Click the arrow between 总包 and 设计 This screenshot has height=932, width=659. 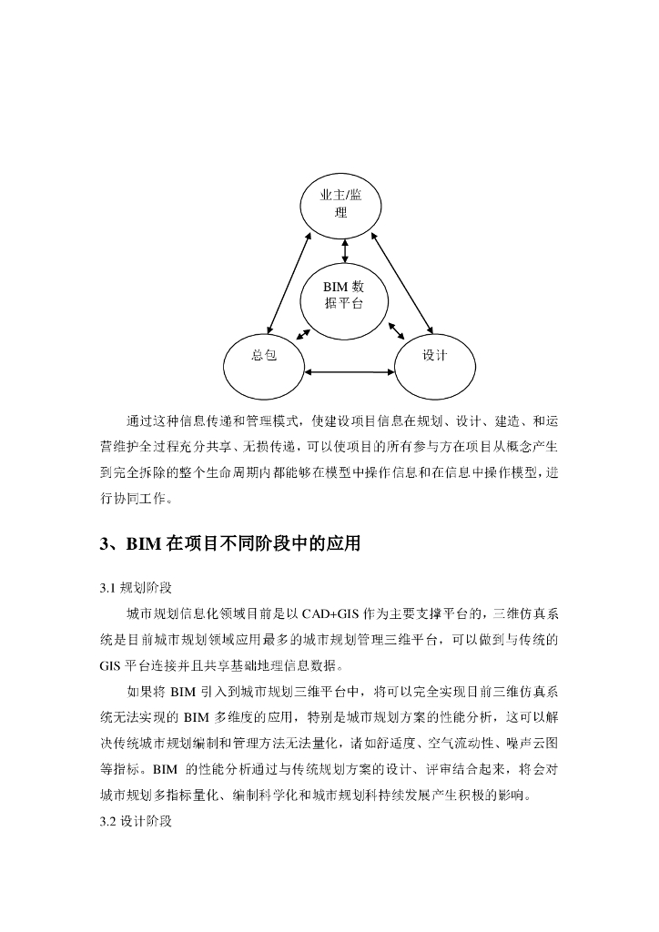pos(350,371)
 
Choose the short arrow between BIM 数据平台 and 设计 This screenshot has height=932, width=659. pos(396,330)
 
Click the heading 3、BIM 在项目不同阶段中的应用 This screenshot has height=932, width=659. pos(230,544)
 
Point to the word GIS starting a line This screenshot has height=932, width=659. pos(113,664)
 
